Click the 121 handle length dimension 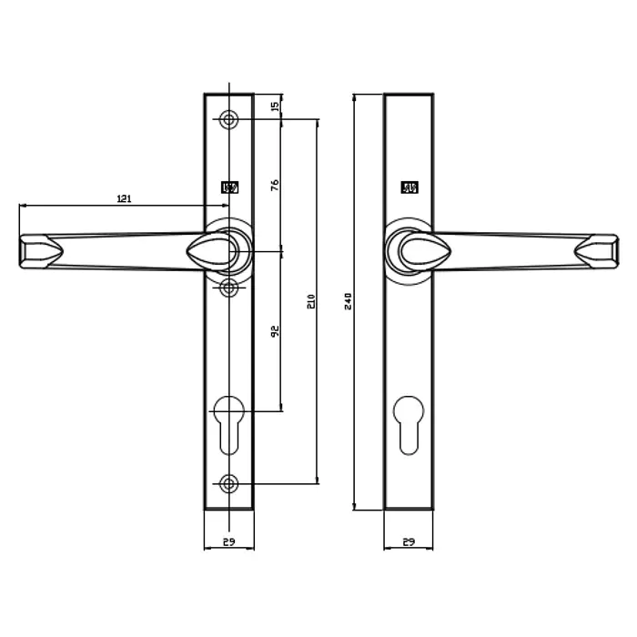[125, 198]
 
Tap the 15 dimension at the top [275, 106]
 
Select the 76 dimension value [275, 184]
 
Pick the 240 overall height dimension [347, 301]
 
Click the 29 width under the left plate [228, 542]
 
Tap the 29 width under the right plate [409, 542]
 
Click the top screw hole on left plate [228, 119]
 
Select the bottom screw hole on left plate [228, 483]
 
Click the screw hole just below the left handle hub [228, 288]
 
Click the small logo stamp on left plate [229, 187]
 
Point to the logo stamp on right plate [409, 188]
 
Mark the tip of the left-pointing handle [23, 252]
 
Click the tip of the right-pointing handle [615, 252]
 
